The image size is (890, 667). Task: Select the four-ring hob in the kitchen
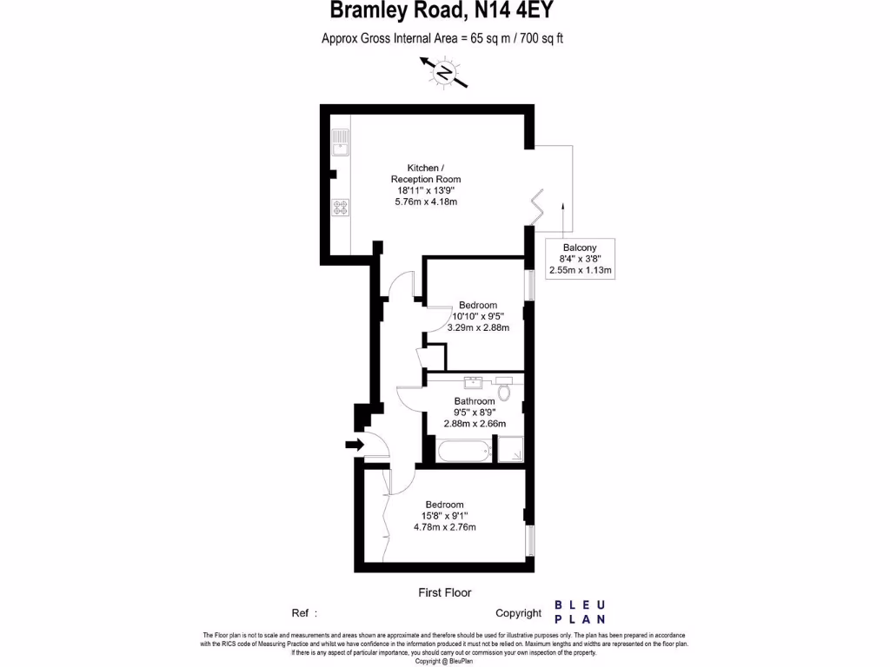(340, 208)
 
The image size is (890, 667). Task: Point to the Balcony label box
(581, 259)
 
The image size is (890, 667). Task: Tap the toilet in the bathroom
(504, 389)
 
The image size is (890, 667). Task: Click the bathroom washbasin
(474, 382)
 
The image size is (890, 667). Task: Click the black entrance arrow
(354, 445)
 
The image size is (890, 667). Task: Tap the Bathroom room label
(474, 401)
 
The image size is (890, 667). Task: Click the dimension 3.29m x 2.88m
(478, 328)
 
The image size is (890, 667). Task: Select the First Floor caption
(444, 593)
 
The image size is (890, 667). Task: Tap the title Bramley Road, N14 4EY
(441, 11)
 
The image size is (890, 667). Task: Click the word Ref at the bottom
(301, 613)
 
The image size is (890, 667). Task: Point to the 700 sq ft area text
(540, 38)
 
